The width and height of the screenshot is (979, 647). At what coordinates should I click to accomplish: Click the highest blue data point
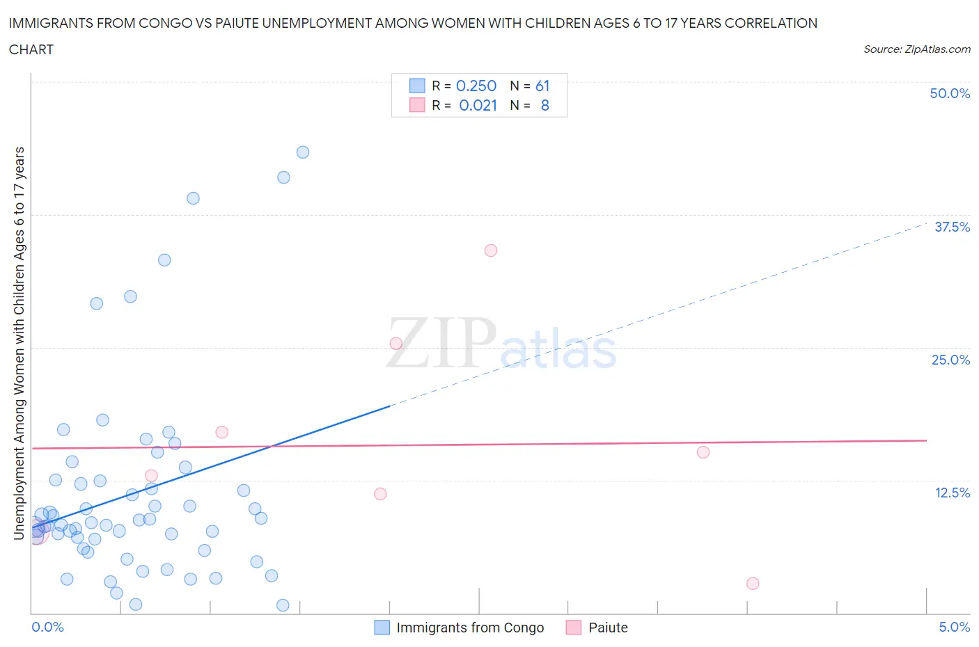click(303, 152)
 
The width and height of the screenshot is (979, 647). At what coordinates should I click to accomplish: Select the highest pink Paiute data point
click(491, 250)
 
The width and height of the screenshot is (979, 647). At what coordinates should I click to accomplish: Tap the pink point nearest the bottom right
click(753, 584)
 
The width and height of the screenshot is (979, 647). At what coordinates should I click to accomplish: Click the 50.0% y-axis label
click(950, 94)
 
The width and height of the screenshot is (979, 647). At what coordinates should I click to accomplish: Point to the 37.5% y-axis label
click(952, 227)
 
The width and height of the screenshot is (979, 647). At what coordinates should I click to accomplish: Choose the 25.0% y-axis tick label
click(950, 360)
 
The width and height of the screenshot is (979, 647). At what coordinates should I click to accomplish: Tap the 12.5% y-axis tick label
click(952, 493)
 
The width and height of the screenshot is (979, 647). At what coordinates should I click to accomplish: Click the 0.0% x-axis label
click(48, 628)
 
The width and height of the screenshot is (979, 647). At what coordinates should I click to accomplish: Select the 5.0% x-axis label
click(954, 628)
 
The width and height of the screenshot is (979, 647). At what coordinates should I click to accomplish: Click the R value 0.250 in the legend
click(476, 86)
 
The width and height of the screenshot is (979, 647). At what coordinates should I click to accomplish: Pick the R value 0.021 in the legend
click(478, 106)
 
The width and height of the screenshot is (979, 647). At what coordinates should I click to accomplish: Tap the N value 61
click(542, 86)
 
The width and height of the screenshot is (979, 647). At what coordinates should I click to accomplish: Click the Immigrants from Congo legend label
click(470, 628)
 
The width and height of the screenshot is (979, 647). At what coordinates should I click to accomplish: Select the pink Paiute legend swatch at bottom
click(574, 628)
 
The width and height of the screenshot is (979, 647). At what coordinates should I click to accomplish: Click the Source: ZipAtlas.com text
click(916, 49)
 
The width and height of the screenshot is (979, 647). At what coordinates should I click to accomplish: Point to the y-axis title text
click(19, 344)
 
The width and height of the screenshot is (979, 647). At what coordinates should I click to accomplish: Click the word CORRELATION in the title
click(771, 23)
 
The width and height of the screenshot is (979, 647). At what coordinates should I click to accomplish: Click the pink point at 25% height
click(396, 344)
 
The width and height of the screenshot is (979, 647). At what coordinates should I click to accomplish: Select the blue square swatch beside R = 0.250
click(417, 86)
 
